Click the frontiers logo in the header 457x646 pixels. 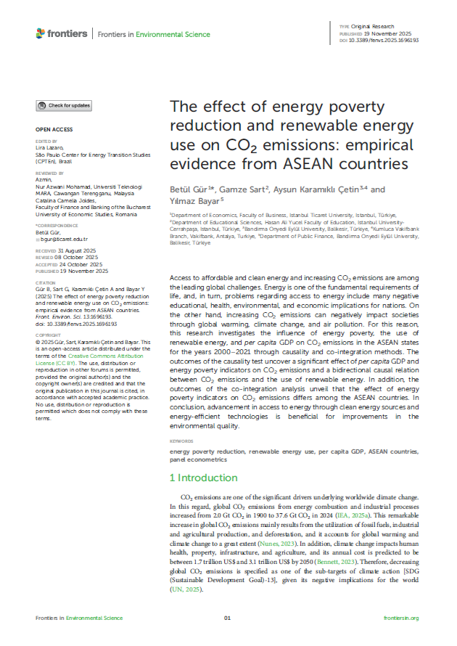(x=62, y=33)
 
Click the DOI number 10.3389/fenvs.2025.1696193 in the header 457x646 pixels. (x=380, y=41)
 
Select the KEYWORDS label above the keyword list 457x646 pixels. (x=181, y=441)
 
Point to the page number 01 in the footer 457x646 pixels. (x=227, y=618)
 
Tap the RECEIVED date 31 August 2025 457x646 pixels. (x=74, y=250)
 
